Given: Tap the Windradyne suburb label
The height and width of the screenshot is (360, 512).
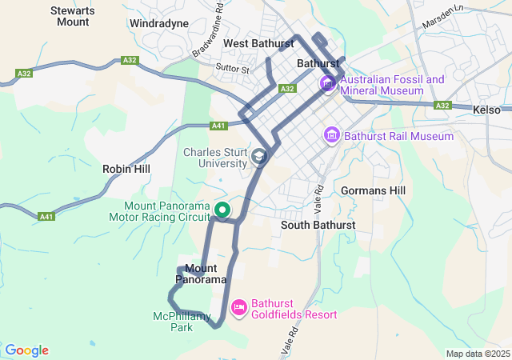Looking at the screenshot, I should (159, 24).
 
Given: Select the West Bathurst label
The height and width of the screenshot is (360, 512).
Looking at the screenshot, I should (254, 42).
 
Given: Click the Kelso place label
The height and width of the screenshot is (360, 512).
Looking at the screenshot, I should (486, 110).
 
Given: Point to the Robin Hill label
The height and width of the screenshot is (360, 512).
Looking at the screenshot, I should (126, 170).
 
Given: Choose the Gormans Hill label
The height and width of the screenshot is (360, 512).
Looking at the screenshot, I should (373, 190).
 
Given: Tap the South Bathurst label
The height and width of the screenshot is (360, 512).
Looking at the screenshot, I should (318, 226).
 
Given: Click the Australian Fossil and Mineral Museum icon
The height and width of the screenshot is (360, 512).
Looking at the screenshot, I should (328, 84).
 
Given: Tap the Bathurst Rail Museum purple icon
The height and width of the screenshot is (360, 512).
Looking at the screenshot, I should (332, 136).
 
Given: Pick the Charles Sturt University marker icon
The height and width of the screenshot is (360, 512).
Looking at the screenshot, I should (259, 157).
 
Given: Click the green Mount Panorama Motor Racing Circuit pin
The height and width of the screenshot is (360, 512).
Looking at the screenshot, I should (222, 211).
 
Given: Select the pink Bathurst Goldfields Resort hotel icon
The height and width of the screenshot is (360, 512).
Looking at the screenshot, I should (238, 308).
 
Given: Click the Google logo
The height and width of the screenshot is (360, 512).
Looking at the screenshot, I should (26, 350).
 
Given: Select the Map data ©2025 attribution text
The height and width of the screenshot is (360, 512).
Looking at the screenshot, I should (478, 354).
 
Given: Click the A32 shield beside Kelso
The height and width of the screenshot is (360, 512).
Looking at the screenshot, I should (442, 105).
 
